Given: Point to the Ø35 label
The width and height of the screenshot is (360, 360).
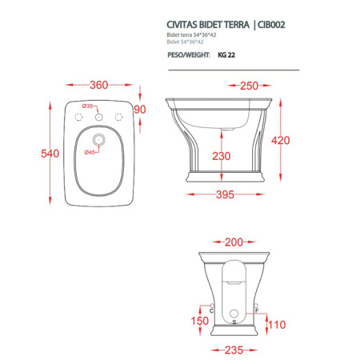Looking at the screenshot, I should tap(87, 106).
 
